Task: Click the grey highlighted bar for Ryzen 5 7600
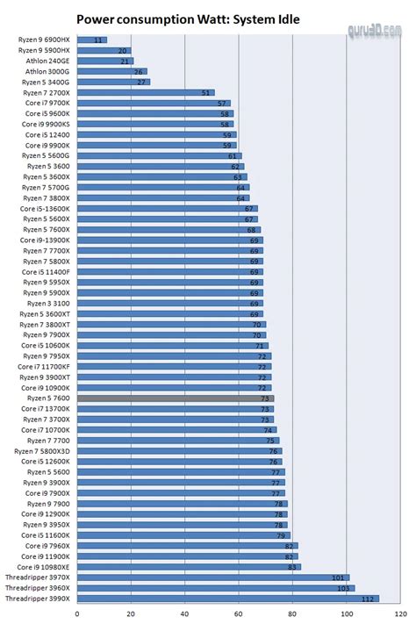tap(176, 398)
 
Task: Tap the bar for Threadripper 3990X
tap(227, 598)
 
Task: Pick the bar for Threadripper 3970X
tap(212, 577)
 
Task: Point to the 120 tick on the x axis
tap(400, 613)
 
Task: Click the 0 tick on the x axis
tap(77, 613)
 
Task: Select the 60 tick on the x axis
tap(239, 613)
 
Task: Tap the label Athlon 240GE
tap(49, 61)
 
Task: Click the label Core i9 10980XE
tap(44, 566)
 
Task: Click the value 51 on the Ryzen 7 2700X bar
tap(206, 92)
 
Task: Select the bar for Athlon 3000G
tap(111, 72)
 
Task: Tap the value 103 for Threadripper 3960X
tap(347, 588)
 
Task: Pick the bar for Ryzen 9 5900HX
tap(104, 51)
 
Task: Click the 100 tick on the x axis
tap(347, 613)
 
